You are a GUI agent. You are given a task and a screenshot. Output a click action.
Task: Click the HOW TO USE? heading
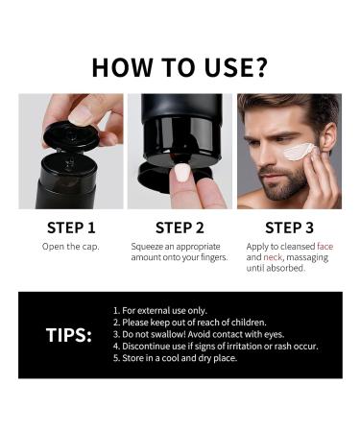tap(180, 66)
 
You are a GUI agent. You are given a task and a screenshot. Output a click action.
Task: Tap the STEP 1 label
tap(71, 228)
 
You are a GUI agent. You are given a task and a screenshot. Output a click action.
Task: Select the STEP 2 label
tap(180, 228)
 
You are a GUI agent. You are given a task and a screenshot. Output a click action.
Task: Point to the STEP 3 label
tap(289, 228)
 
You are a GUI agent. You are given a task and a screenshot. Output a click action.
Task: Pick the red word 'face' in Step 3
tap(324, 247)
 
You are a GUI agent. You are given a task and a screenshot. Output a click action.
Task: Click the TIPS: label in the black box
tap(69, 335)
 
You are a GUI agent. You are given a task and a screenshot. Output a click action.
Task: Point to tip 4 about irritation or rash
tap(215, 346)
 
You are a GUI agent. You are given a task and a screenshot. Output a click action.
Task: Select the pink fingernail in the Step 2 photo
tap(181, 173)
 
